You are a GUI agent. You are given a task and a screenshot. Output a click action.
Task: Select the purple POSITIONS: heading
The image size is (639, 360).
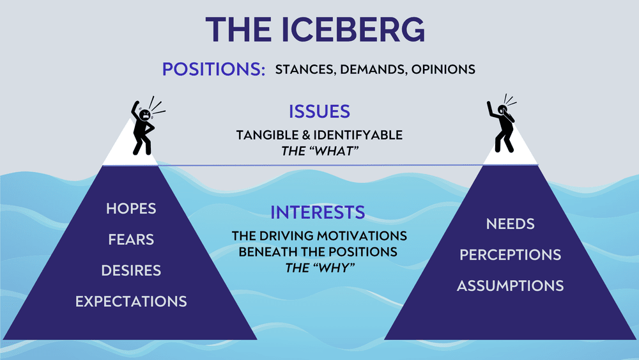(x=214, y=68)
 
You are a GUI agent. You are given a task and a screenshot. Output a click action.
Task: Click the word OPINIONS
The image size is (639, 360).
(x=444, y=69)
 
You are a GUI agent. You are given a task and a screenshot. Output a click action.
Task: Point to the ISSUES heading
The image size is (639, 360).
(x=319, y=111)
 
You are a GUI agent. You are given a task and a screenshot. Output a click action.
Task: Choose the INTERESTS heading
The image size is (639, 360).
(x=318, y=212)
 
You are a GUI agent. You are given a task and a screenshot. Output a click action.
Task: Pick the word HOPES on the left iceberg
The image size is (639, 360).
(x=131, y=209)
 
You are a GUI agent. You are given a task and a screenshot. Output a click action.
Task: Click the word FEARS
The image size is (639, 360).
(x=131, y=240)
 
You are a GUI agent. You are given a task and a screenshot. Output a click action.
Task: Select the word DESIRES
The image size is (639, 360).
(x=131, y=270)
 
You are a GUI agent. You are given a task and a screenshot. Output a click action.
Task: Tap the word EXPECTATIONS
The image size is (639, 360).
(x=131, y=301)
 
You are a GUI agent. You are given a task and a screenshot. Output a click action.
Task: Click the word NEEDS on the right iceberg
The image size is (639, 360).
(x=510, y=224)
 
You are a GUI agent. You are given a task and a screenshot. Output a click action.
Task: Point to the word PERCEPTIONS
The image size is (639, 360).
(x=510, y=254)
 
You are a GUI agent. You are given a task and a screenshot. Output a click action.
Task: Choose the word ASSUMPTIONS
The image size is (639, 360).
(x=510, y=285)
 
